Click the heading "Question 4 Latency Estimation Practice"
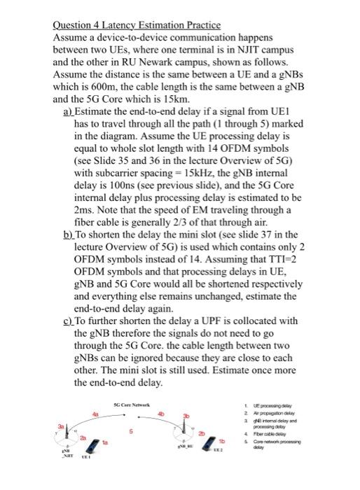pos(137,24)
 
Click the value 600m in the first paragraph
pos(103,87)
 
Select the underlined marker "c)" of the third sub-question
pos(67,321)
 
